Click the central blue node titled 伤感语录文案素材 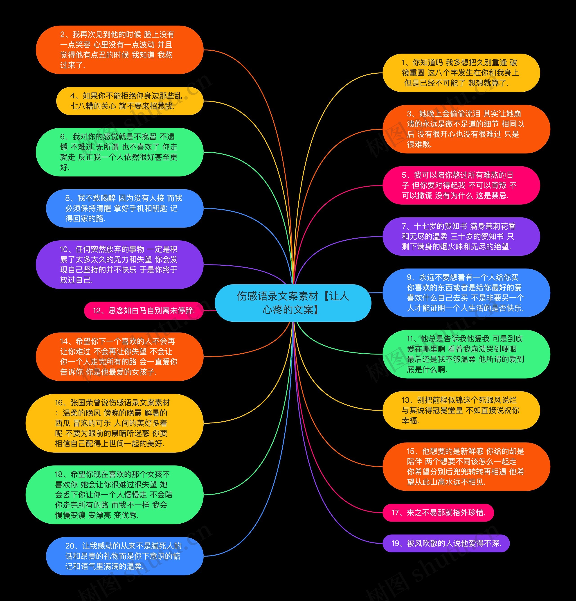pos(293,303)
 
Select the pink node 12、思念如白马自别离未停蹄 pos(144,311)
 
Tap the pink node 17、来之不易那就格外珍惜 pos(438,512)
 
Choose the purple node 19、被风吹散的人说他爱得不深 pos(446,543)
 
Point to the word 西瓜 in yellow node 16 pos(63,423)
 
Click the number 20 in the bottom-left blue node pos(69,546)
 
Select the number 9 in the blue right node pos(409,278)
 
